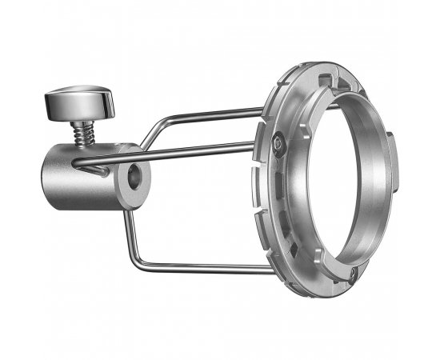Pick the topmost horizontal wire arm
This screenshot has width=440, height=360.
click(216, 113)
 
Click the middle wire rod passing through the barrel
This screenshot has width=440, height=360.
click(200, 148)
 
